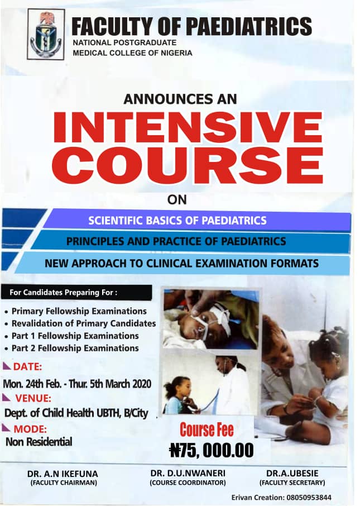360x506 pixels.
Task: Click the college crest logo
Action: (46, 34)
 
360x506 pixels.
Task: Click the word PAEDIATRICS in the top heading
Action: (249, 26)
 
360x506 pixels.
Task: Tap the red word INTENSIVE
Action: (188, 127)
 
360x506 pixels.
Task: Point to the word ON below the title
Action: (177, 200)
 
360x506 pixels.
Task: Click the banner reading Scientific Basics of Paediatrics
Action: (197, 221)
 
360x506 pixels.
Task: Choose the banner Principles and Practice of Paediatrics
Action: (190, 241)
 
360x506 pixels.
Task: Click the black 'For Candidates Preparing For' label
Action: (76, 293)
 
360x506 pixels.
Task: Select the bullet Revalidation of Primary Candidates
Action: (80, 323)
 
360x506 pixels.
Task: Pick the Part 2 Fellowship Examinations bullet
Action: (72, 348)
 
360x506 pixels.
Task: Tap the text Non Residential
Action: (39, 442)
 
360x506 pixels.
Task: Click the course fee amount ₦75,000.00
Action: (212, 450)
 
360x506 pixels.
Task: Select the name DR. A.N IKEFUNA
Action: (63, 474)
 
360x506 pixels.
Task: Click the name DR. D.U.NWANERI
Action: (188, 473)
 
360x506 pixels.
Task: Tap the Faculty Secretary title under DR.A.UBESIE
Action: (292, 483)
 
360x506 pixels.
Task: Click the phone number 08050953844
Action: (309, 497)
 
